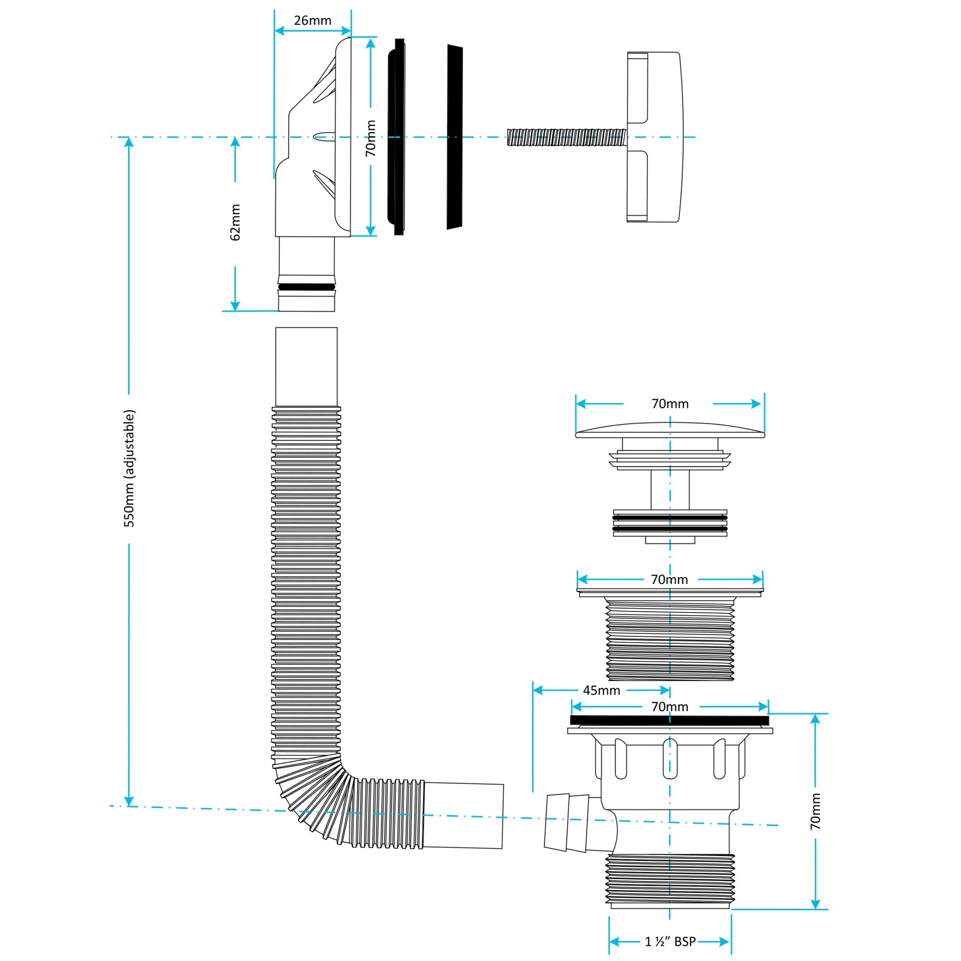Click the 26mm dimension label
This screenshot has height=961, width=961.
click(x=312, y=20)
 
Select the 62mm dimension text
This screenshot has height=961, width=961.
click(x=235, y=222)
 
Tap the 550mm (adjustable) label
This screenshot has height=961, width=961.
click(x=129, y=468)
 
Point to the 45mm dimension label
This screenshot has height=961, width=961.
click(x=602, y=690)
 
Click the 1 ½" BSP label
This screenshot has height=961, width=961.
click(x=670, y=942)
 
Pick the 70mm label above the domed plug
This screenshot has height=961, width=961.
click(x=670, y=404)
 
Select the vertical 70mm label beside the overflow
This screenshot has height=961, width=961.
click(x=370, y=138)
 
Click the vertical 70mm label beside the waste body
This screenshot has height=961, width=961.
click(x=815, y=811)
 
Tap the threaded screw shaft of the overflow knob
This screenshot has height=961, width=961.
click(x=567, y=137)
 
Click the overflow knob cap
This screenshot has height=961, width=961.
click(x=653, y=137)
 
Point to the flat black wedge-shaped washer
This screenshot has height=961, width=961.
click(x=455, y=137)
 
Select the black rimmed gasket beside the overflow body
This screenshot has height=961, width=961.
click(x=396, y=137)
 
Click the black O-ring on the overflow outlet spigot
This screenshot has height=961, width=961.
click(x=307, y=287)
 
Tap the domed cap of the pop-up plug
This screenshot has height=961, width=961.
click(x=670, y=430)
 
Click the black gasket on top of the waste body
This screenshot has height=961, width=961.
click(x=669, y=720)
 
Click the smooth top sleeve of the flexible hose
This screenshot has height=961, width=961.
click(x=307, y=367)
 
